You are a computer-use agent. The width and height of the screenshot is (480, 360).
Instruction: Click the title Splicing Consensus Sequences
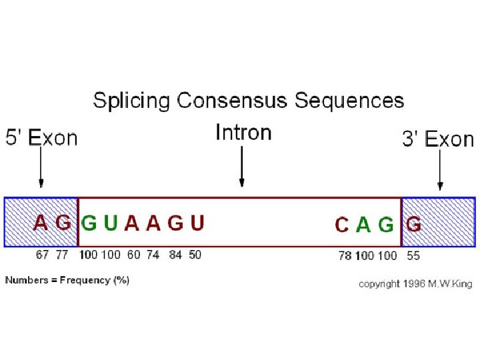(248, 101)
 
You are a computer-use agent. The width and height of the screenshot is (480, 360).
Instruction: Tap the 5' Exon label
(41, 138)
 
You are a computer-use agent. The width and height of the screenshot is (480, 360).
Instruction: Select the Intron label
(243, 132)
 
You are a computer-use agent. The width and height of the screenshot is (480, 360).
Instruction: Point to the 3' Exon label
(438, 139)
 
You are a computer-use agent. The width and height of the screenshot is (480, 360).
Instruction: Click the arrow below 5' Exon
(41, 167)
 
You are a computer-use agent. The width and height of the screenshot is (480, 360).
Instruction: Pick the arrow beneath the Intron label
(242, 167)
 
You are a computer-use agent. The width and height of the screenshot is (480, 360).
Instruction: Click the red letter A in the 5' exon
(41, 223)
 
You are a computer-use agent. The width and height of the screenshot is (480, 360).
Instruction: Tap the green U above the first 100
(111, 223)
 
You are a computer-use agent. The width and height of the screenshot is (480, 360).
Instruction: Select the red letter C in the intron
(341, 225)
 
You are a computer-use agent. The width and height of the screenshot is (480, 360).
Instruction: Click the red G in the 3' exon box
(413, 225)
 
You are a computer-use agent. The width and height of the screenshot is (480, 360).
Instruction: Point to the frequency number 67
(43, 255)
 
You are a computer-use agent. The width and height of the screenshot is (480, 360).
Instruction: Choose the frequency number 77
(62, 255)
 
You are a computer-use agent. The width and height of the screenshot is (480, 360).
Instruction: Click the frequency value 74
(153, 255)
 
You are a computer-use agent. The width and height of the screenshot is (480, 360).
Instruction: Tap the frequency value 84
(175, 255)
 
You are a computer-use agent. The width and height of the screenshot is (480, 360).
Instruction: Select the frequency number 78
(345, 255)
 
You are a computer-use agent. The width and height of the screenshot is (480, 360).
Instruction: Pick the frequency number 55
(413, 255)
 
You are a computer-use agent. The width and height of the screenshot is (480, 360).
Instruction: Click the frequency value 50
(195, 255)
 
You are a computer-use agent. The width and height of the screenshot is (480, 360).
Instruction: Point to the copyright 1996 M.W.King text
(415, 284)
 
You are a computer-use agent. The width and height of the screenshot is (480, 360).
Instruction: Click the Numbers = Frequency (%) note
(67, 280)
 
